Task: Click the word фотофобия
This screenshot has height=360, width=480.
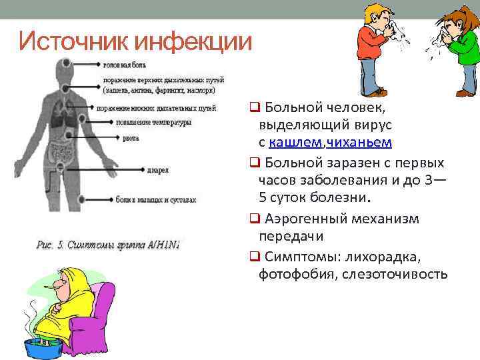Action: point(291,275)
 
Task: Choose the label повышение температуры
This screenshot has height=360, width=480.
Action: point(153,122)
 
